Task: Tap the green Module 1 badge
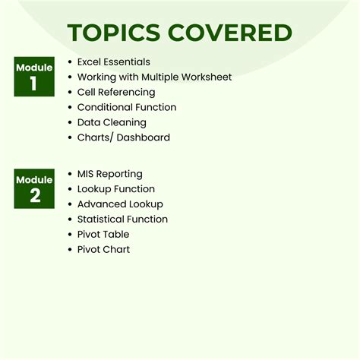click(x=34, y=76)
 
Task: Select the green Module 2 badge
click(x=34, y=188)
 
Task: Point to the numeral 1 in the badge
click(x=34, y=84)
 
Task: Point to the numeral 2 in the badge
click(x=34, y=196)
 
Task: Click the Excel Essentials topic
click(x=114, y=62)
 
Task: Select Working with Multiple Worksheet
click(x=154, y=77)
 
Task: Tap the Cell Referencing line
click(x=117, y=92)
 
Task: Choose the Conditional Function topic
click(x=126, y=107)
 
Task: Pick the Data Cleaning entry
click(x=112, y=122)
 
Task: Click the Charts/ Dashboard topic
click(x=124, y=137)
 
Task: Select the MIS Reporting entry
click(x=109, y=174)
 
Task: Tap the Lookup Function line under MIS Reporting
click(x=115, y=189)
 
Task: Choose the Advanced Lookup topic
click(x=120, y=204)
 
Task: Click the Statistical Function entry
click(x=122, y=219)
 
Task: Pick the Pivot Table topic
click(x=103, y=235)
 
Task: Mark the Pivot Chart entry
click(x=103, y=250)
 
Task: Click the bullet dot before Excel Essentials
click(x=70, y=62)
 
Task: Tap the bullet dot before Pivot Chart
click(x=70, y=250)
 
